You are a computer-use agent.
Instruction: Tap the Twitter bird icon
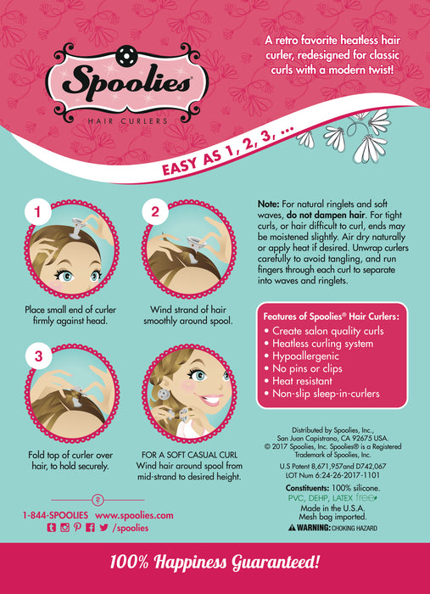pos(103,527)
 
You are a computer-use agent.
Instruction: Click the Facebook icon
pos(90,527)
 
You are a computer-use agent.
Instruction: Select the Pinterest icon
pos(77,527)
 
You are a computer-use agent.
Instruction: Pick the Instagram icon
pos(64,527)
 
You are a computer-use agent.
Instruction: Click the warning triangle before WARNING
pos(292,526)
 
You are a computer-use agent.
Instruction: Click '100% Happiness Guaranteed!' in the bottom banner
pos(215,562)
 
